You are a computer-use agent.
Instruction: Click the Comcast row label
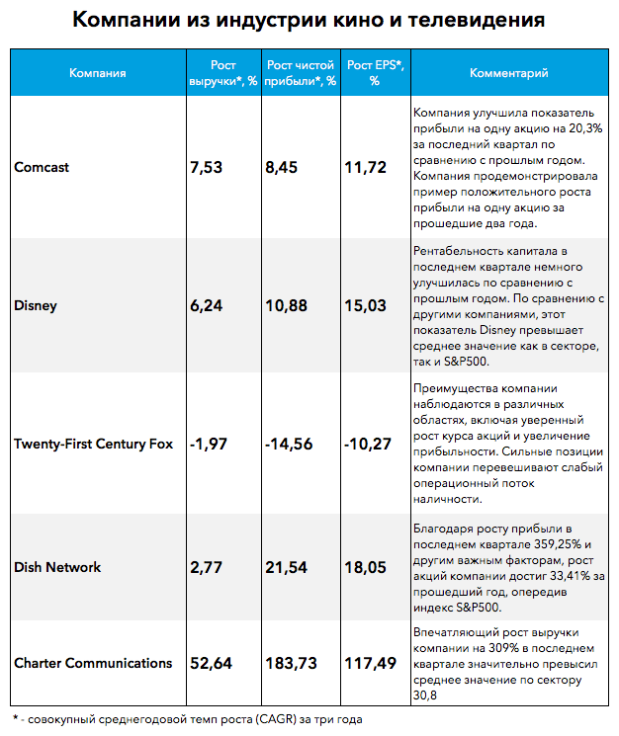click(42, 167)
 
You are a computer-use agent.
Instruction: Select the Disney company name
click(36, 305)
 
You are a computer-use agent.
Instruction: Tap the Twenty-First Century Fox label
click(94, 444)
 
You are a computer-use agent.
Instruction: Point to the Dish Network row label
click(57, 567)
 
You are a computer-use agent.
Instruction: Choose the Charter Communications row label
click(93, 663)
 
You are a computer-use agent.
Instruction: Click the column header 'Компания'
click(98, 73)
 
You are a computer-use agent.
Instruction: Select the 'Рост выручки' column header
click(223, 73)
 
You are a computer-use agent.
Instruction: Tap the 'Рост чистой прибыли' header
click(301, 73)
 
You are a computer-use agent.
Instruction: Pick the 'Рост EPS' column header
click(375, 73)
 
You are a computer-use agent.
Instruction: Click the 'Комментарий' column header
click(509, 73)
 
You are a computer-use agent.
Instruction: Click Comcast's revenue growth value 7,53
click(207, 168)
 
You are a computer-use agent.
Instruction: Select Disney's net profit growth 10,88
click(287, 305)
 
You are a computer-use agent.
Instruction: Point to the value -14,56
click(289, 444)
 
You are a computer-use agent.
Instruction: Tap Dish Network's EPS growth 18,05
click(366, 567)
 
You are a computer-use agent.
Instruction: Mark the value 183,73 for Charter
click(291, 663)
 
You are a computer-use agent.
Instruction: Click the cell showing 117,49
click(371, 663)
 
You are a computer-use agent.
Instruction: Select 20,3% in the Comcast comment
click(585, 128)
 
